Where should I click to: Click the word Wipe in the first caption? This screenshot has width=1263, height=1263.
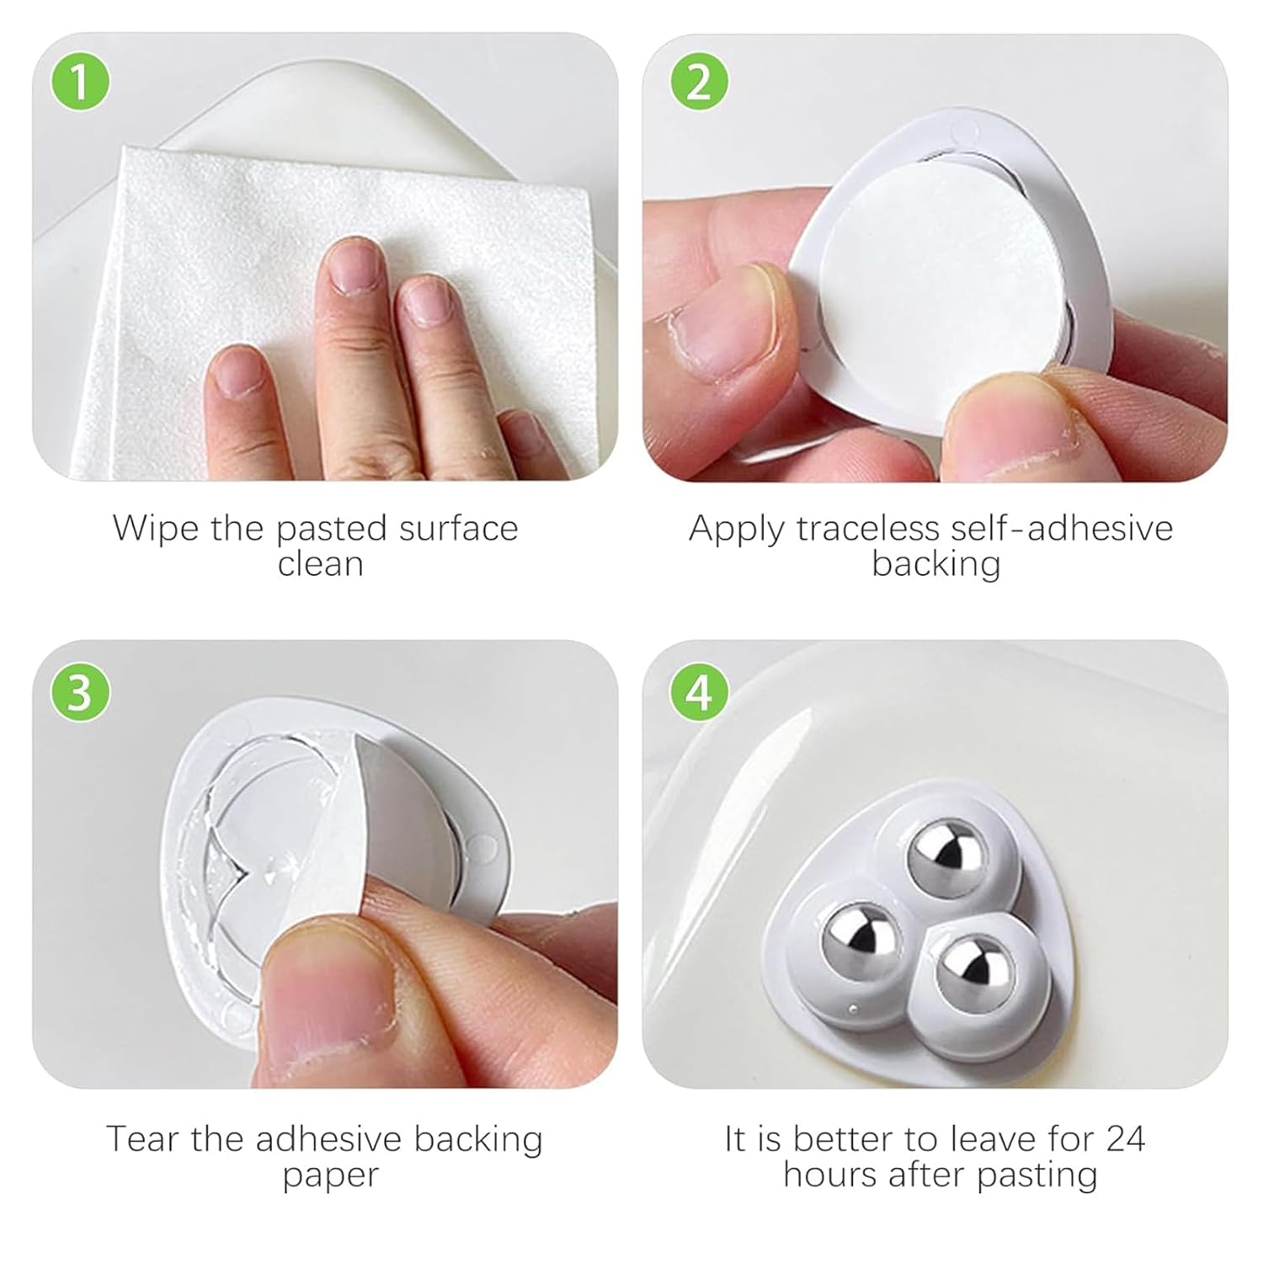[x=154, y=529]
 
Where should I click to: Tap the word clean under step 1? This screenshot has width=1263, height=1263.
[x=320, y=564]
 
